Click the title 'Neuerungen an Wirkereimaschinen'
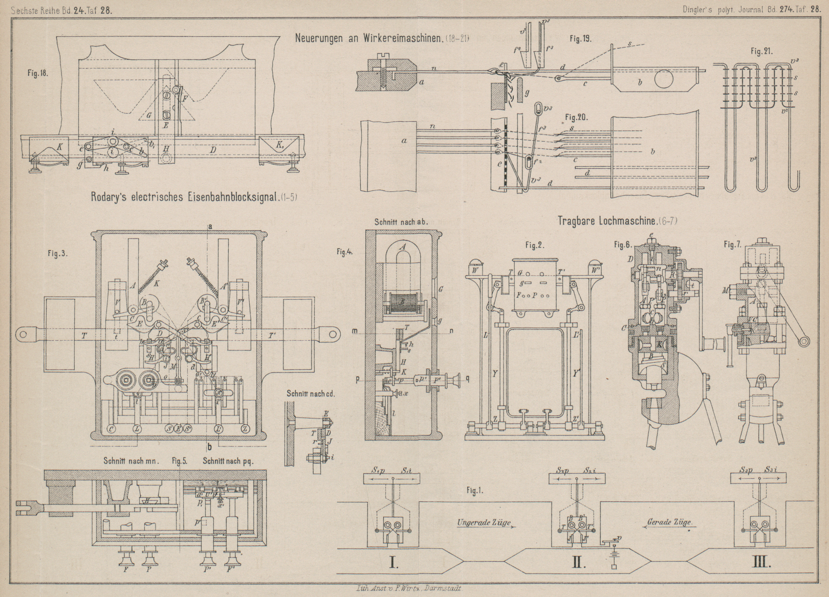(368, 39)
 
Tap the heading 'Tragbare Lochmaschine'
(607, 221)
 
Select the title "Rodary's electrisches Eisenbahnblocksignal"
(185, 197)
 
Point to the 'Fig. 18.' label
(38, 73)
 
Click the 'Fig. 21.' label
(761, 51)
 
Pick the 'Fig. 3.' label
(57, 253)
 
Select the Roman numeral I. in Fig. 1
(394, 563)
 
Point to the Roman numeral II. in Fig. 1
(578, 563)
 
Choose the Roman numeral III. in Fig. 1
(761, 563)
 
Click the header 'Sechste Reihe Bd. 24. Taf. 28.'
(58, 10)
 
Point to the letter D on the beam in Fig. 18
(212, 150)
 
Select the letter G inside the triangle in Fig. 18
(148, 116)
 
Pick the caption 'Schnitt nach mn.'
(132, 460)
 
